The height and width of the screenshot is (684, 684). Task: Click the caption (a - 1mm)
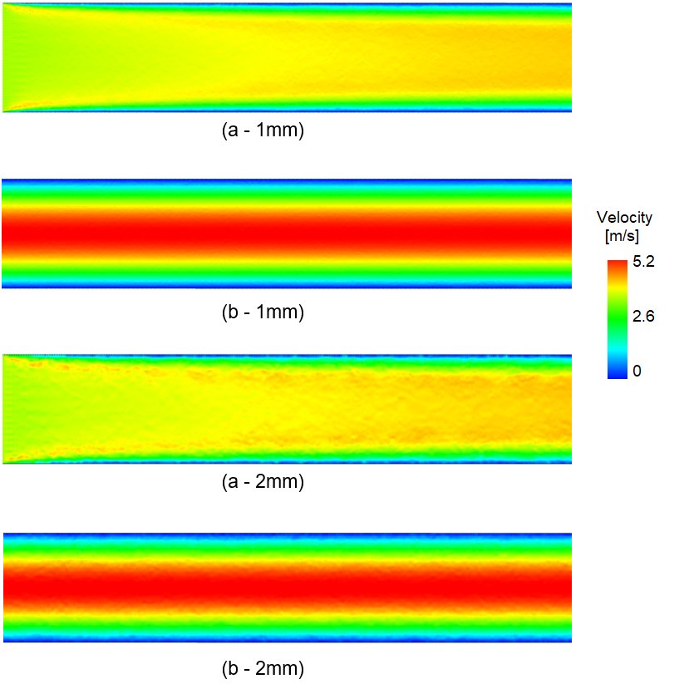[263, 131]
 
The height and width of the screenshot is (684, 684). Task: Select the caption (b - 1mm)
[263, 313]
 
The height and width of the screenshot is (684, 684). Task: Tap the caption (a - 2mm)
[263, 481]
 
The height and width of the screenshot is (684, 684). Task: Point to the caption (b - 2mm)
[263, 668]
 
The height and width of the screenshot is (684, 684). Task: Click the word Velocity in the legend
[624, 218]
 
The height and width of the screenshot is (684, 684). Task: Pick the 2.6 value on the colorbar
[644, 317]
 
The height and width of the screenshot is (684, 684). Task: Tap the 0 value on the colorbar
[637, 371]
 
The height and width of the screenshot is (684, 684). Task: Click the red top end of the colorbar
[617, 265]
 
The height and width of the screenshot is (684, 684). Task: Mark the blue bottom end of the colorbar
[617, 373]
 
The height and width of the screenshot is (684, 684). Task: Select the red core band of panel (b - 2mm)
[288, 587]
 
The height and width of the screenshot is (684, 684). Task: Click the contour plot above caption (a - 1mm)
[288, 58]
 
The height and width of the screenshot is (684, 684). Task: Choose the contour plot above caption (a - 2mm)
[288, 409]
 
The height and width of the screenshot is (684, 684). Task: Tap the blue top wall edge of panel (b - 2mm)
[288, 535]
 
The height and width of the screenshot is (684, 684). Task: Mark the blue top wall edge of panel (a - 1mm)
[288, 6]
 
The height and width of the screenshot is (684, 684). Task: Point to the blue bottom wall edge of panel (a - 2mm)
[288, 460]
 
